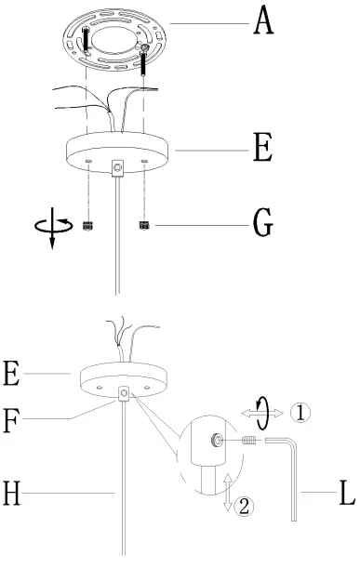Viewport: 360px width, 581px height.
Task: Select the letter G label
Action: pos(264,224)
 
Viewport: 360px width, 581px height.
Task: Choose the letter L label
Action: pos(346,492)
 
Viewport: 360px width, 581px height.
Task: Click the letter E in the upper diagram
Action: pos(264,149)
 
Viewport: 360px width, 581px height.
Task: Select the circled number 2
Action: pos(245,507)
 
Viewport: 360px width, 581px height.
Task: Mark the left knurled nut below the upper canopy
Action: pos(89,226)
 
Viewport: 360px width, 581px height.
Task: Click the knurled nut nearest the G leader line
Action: pos(145,226)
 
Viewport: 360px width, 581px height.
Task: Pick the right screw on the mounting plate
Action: pos(146,60)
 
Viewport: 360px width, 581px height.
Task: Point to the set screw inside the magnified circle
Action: pos(215,442)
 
